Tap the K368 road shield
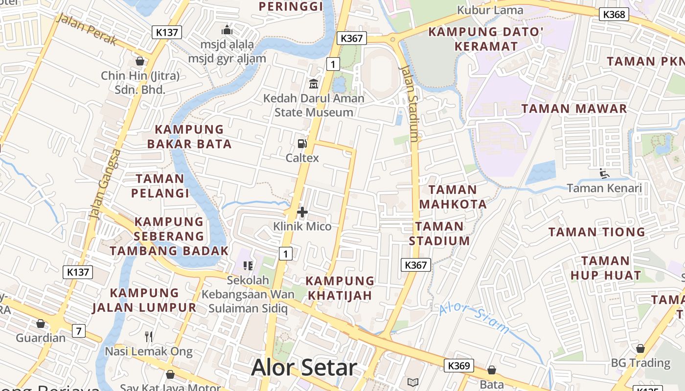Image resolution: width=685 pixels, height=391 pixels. pos(614,14)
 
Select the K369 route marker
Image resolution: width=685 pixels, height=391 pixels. pos(458,366)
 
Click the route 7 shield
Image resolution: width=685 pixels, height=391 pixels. pos(78,331)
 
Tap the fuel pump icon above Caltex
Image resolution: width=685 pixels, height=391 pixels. pos(302,143)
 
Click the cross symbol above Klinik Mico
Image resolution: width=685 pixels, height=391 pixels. pos(302,212)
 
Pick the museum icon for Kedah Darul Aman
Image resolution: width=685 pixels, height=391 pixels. pos(313,84)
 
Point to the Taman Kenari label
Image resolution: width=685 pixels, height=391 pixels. pos(604,188)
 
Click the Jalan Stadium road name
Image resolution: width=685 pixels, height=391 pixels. pos(410,103)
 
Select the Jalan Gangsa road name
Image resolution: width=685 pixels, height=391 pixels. pos(105,184)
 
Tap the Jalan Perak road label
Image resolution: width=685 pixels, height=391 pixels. pos(86,29)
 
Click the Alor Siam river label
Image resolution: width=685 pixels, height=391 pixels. pos(474,318)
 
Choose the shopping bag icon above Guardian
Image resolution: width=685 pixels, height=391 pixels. pos(41,324)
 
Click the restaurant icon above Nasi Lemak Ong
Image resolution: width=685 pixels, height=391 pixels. pos(149,336)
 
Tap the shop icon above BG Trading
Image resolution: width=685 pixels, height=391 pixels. pos(640,348)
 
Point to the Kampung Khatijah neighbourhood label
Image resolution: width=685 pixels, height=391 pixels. pos(340,288)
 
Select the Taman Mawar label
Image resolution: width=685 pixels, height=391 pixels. pos(574,109)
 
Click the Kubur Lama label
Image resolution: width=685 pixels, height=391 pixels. pos(490,10)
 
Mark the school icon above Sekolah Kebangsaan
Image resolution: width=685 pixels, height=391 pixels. pos(248,265)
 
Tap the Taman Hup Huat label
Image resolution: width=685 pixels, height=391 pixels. pos(605,268)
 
